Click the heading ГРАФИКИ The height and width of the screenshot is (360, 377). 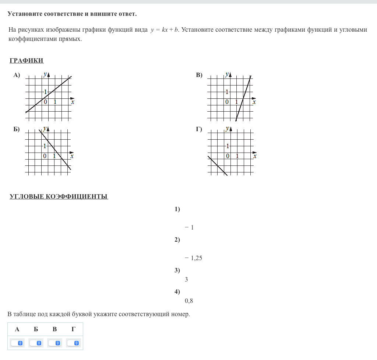point(27,61)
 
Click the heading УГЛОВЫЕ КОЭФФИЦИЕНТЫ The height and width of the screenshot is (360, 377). point(59,196)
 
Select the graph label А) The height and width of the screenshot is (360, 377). point(17,75)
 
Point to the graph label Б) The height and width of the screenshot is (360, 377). point(17,129)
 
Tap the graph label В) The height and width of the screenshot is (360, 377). point(199,75)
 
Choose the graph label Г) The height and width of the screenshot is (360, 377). point(199,129)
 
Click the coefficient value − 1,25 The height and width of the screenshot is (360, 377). point(194,258)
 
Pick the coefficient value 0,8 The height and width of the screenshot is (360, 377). point(189,301)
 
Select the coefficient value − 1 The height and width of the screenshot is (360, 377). point(190,228)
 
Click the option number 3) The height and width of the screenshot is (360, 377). point(177,270)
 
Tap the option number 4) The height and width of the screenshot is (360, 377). point(177,292)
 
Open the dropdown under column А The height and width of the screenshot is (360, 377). point(17,343)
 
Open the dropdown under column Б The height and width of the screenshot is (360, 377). point(36,343)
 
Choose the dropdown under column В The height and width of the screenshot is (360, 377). point(55,343)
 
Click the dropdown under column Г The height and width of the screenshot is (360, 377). point(74,343)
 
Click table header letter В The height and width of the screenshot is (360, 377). point(55,329)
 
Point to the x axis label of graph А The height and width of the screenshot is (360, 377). point(73,102)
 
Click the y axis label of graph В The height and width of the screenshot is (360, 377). point(227,74)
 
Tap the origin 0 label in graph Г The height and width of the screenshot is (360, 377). point(228,156)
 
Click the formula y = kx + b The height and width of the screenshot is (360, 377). point(165,30)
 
